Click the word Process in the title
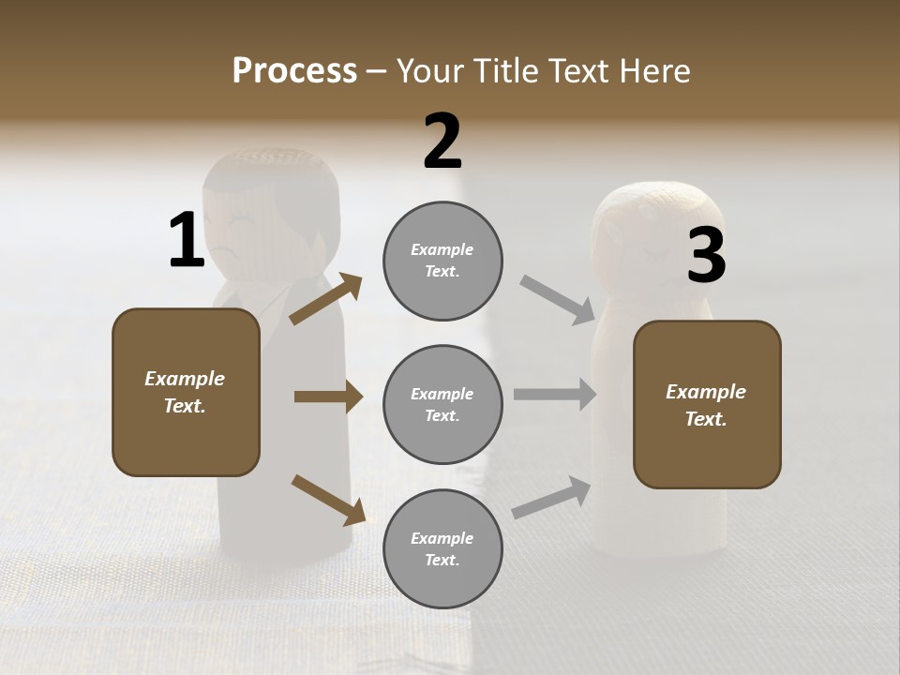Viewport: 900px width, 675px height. [x=294, y=71]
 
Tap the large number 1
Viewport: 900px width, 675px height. [x=187, y=240]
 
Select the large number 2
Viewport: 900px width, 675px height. [x=442, y=142]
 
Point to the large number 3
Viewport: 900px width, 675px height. [x=706, y=257]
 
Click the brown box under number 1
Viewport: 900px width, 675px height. [x=186, y=392]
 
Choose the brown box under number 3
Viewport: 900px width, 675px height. [x=707, y=405]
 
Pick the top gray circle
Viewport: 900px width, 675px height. [x=442, y=261]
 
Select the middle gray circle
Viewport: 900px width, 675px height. [x=442, y=405]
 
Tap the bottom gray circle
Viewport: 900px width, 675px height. [x=442, y=549]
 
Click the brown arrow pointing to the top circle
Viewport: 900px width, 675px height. [x=326, y=299]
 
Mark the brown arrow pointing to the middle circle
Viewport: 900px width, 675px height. [x=328, y=397]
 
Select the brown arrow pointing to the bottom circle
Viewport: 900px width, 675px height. [x=328, y=499]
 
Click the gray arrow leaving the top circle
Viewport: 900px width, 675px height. [x=558, y=300]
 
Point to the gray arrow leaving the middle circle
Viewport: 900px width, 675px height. [x=555, y=395]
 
